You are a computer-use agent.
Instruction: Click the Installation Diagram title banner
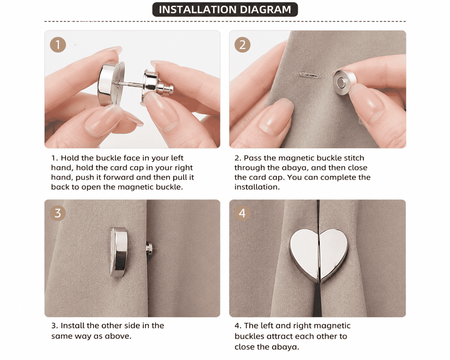coord(225,10)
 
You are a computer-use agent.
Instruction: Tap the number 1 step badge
coord(58,45)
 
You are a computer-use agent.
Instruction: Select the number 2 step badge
coord(242,45)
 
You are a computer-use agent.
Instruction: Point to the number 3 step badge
coord(58,213)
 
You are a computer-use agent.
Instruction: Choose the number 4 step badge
coord(242,213)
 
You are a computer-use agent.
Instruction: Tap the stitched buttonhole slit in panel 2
coord(310,75)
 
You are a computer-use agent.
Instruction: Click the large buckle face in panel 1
coord(111,84)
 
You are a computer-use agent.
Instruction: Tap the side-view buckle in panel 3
coord(118,252)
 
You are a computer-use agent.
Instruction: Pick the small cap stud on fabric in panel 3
coord(149,249)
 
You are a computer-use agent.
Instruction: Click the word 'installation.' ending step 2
coord(257,187)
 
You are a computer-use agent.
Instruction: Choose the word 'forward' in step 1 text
coord(118,177)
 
